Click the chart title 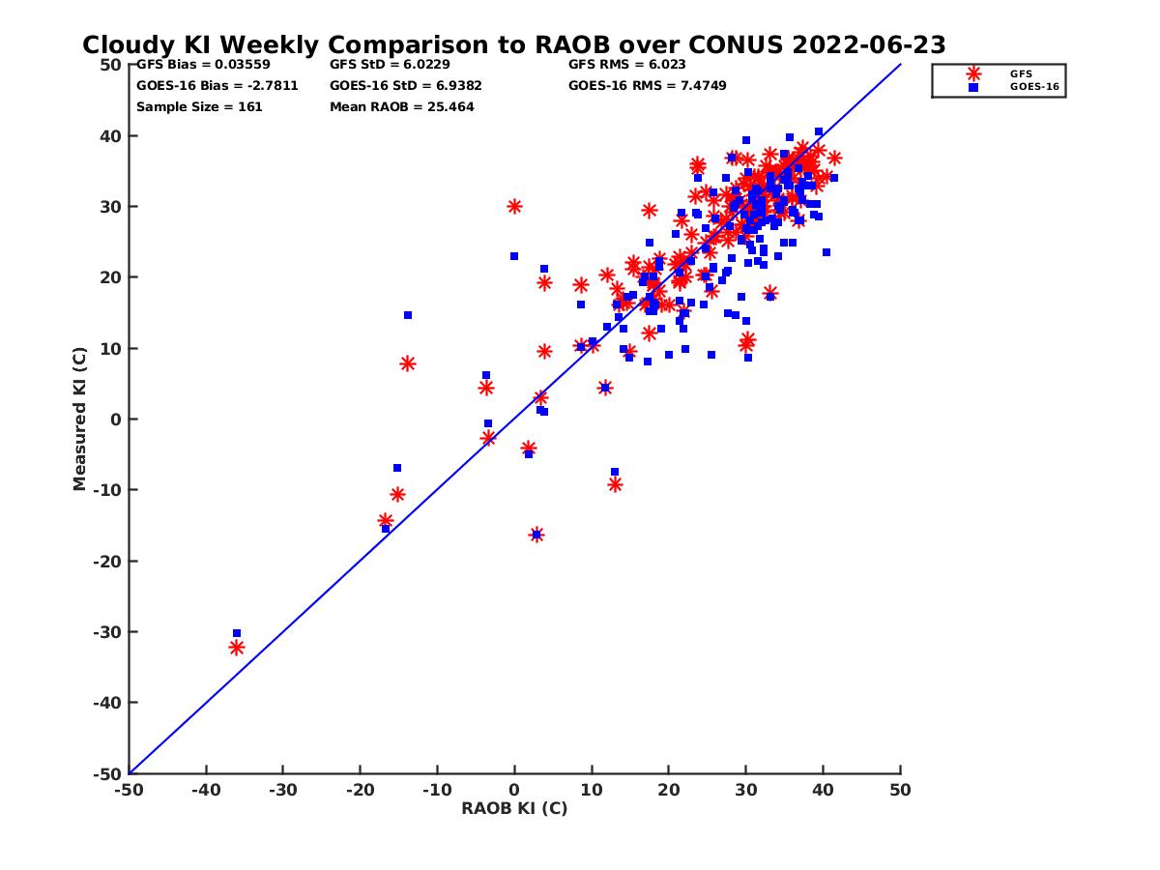[x=513, y=45]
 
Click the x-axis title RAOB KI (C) [x=513, y=808]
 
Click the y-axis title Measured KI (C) [x=79, y=419]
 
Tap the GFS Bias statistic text [x=203, y=65]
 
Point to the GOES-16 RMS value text [x=647, y=85]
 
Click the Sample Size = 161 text [x=199, y=106]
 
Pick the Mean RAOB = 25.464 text [x=402, y=106]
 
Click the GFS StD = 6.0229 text [x=390, y=65]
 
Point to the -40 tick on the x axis [x=205, y=790]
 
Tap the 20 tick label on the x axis [x=668, y=790]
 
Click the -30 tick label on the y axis [x=108, y=632]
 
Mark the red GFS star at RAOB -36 [x=237, y=648]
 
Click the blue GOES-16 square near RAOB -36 [x=237, y=633]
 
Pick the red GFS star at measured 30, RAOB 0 [x=514, y=206]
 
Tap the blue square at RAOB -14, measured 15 [x=408, y=315]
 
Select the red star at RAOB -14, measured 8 [x=407, y=363]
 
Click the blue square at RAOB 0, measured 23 [x=514, y=256]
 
